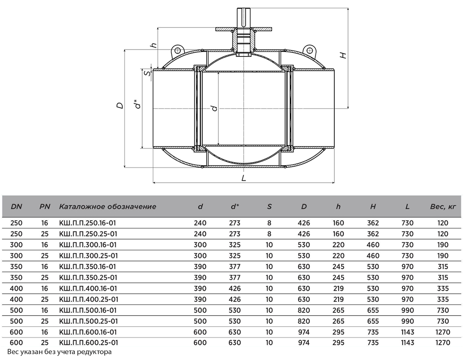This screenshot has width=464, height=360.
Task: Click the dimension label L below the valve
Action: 244,178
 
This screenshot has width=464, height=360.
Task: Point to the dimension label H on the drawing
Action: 343,55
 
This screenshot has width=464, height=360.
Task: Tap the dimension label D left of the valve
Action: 120,105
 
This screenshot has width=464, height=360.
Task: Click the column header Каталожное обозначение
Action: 108,206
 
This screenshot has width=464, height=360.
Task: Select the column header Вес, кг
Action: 443,206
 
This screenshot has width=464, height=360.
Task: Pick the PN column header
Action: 45,206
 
